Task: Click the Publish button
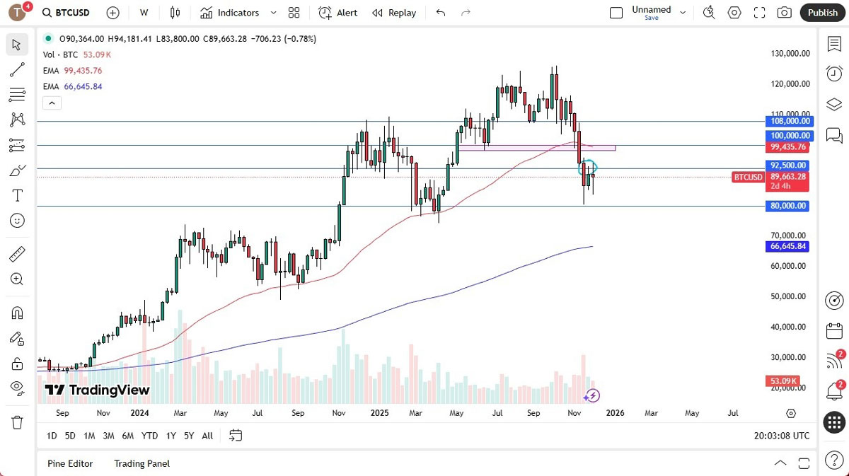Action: tap(822, 13)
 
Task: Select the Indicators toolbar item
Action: tap(230, 13)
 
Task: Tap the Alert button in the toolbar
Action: tap(338, 13)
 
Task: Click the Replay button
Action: tap(394, 13)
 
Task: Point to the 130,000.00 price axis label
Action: tap(790, 53)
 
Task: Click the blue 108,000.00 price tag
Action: tap(789, 121)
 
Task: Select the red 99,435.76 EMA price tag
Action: tap(789, 146)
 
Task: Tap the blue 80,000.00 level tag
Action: tap(789, 206)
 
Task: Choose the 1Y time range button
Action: tap(171, 436)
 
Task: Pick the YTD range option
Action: tap(149, 436)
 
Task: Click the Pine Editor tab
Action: tap(70, 463)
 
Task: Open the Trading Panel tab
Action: tap(141, 463)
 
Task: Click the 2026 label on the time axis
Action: tap(615, 413)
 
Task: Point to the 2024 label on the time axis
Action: tap(139, 413)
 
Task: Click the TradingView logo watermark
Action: tap(98, 390)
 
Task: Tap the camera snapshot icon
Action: tap(784, 13)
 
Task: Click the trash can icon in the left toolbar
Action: tap(18, 422)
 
